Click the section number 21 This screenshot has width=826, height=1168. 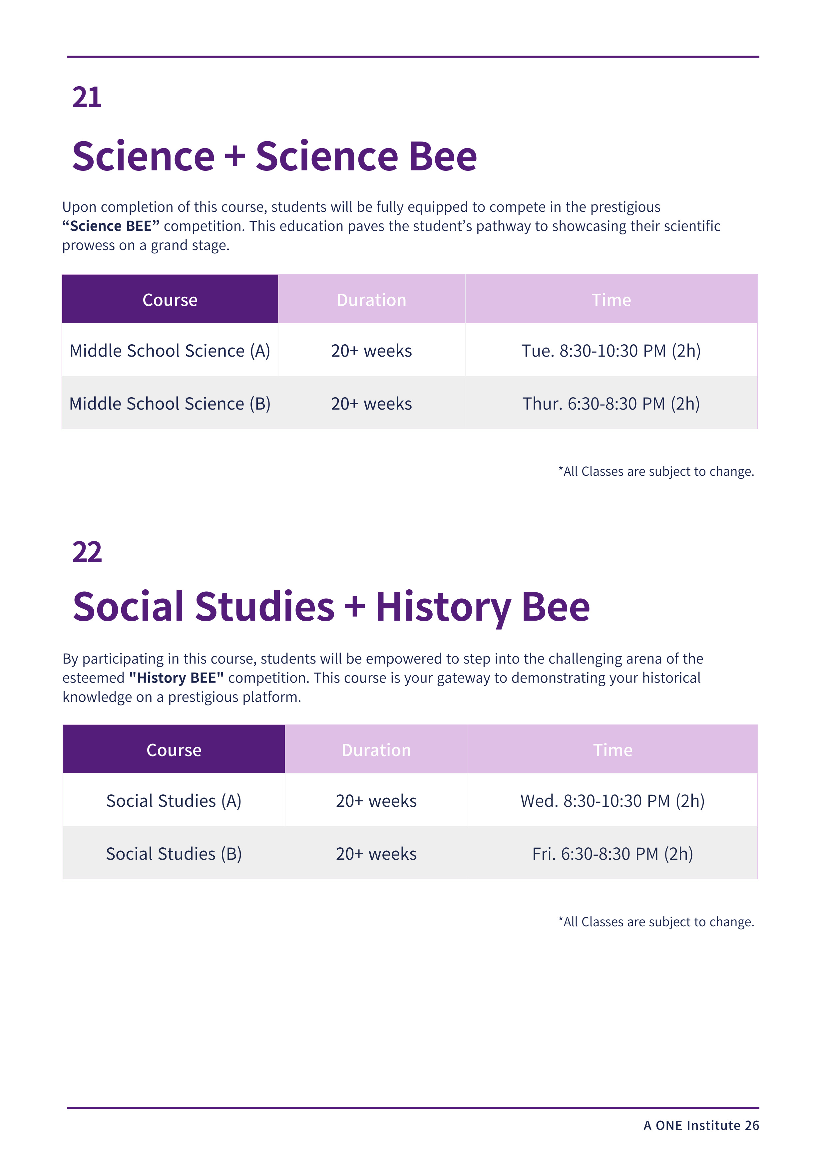87,97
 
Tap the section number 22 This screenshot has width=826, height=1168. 87,552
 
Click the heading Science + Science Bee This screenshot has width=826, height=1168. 275,156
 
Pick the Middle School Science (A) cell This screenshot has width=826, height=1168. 170,351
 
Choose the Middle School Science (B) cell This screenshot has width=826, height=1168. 170,404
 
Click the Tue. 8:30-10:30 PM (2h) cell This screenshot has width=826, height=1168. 611,351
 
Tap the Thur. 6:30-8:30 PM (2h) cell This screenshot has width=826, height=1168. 611,404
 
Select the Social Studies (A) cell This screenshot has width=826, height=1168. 174,801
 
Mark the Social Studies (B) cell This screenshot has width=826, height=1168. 174,854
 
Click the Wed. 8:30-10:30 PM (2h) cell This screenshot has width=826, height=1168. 613,801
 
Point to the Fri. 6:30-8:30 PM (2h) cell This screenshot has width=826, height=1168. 613,854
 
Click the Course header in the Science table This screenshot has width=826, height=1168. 170,300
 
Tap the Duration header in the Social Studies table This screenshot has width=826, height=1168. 376,750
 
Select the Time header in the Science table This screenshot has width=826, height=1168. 611,300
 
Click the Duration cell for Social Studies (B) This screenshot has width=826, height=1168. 376,854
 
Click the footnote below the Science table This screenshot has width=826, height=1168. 656,471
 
